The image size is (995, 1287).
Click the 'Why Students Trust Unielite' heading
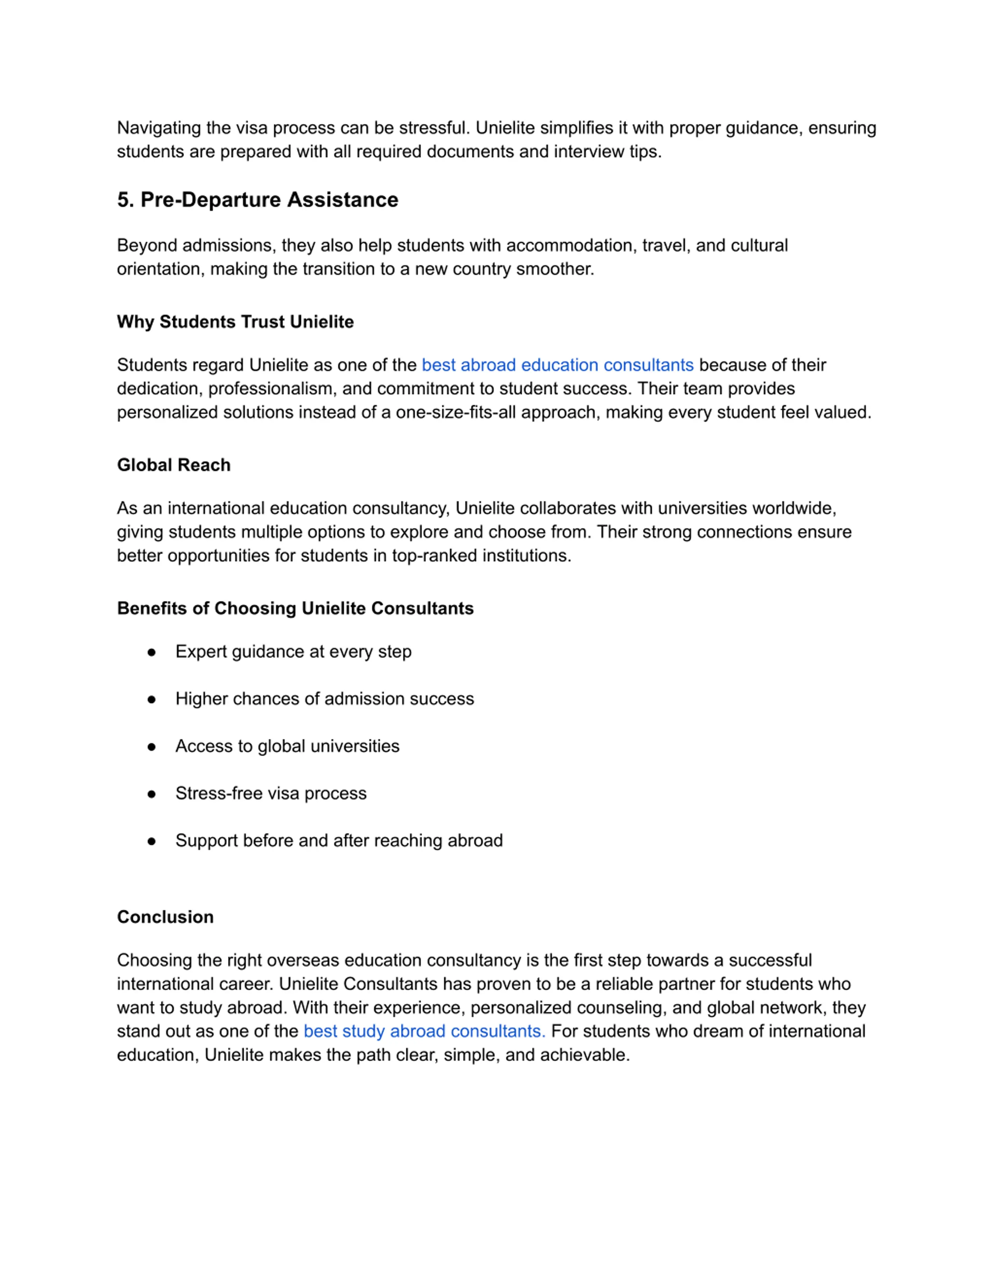(235, 322)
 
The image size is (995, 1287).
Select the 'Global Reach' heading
(174, 465)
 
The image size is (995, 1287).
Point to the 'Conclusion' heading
(165, 917)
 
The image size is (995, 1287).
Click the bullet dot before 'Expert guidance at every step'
(152, 652)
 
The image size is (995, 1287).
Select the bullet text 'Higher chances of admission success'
(324, 699)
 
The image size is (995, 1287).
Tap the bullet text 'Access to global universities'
(287, 746)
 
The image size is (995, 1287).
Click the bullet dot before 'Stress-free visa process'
(152, 794)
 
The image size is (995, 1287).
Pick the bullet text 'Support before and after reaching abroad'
(339, 840)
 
